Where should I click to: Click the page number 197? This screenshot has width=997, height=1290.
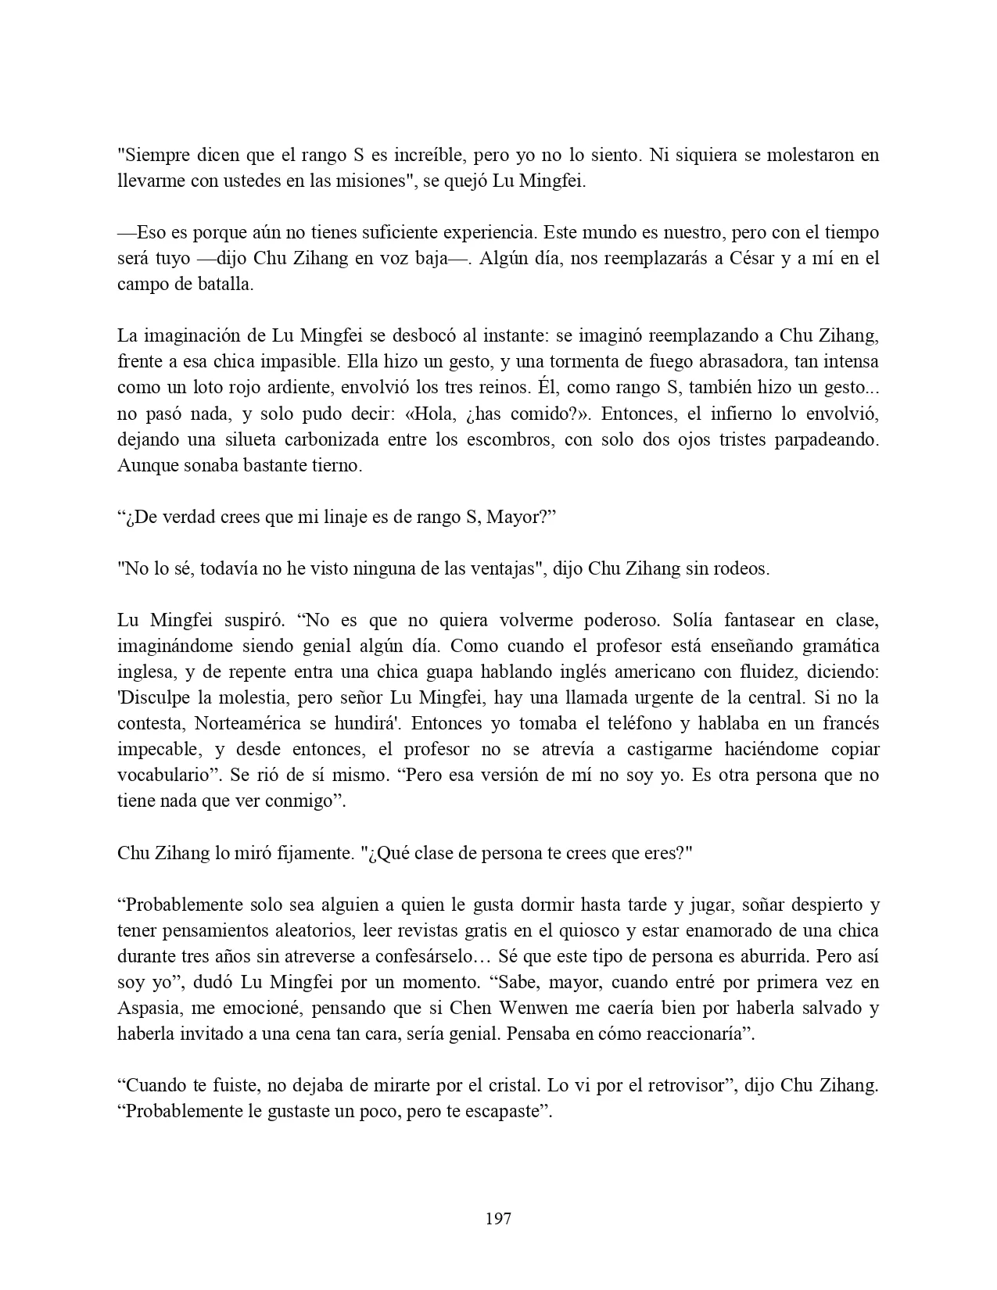point(498,1218)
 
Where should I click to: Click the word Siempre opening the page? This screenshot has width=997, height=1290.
point(152,155)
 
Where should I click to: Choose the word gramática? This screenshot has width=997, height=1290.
point(834,647)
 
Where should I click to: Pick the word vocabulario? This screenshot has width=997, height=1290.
point(163,776)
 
